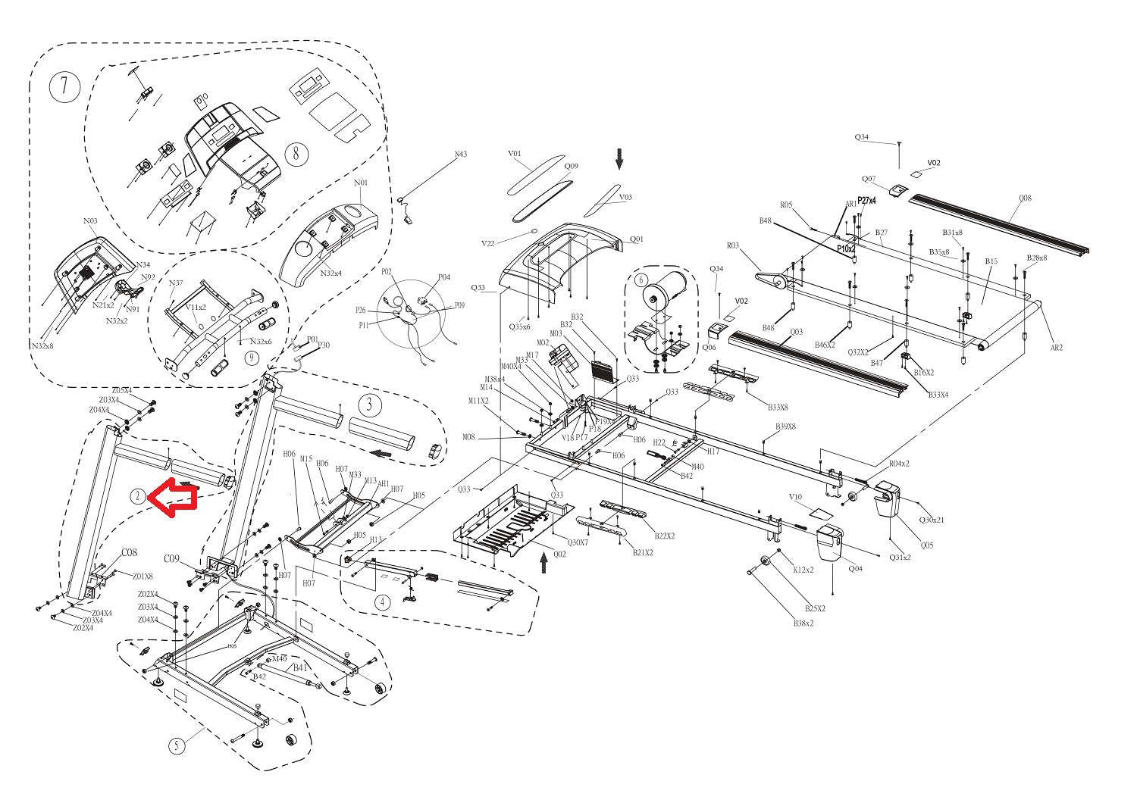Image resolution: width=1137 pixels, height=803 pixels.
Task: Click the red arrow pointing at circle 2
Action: (x=172, y=498)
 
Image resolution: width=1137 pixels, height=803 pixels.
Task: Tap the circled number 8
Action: (x=296, y=155)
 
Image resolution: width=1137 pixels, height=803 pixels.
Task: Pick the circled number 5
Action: (x=177, y=745)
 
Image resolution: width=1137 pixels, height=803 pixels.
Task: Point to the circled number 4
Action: (x=384, y=602)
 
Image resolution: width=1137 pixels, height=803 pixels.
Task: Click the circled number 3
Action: (x=369, y=405)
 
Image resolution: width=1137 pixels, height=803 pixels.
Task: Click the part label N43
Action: (x=460, y=155)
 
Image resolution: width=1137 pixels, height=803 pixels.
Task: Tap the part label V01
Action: (x=515, y=154)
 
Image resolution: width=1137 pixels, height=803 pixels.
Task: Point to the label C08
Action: (x=130, y=551)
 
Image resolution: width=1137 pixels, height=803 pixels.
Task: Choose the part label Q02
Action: (x=559, y=554)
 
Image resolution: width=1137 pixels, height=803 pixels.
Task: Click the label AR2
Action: (x=1056, y=348)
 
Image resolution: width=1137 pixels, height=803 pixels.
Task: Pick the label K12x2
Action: (x=803, y=570)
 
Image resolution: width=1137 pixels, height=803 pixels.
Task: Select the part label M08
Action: (x=469, y=437)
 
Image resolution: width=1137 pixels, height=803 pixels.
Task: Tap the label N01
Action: (x=361, y=183)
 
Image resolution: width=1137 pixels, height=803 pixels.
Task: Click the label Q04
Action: (x=854, y=569)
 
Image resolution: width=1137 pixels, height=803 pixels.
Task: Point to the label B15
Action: (x=991, y=261)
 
